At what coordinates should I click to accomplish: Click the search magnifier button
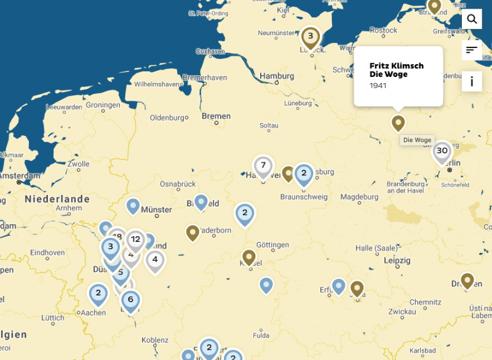pyautogui.click(x=472, y=19)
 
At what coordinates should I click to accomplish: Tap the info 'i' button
pyautogui.click(x=472, y=81)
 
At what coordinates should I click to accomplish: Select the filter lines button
pyautogui.click(x=472, y=50)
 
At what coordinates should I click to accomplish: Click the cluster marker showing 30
pyautogui.click(x=442, y=151)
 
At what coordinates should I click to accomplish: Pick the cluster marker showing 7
pyautogui.click(x=263, y=166)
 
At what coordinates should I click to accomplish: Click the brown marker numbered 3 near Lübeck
pyautogui.click(x=311, y=36)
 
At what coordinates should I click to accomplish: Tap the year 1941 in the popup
pyautogui.click(x=378, y=85)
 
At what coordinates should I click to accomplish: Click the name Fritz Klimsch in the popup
pyautogui.click(x=396, y=66)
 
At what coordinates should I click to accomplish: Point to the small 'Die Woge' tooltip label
pyautogui.click(x=417, y=140)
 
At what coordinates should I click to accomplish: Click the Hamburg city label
pyautogui.click(x=277, y=76)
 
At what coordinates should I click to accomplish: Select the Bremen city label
pyautogui.click(x=216, y=116)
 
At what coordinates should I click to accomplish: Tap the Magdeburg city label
pyautogui.click(x=360, y=197)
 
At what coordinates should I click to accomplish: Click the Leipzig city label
pyautogui.click(x=396, y=261)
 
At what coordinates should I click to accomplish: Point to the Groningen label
pyautogui.click(x=103, y=105)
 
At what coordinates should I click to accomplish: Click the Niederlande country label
pyautogui.click(x=57, y=199)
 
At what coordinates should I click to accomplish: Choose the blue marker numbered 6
pyautogui.click(x=130, y=300)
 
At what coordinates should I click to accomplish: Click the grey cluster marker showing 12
pyautogui.click(x=135, y=239)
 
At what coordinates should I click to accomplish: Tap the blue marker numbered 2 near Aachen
pyautogui.click(x=98, y=293)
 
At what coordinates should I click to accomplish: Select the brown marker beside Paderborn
pyautogui.click(x=192, y=232)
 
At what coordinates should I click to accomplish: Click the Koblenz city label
pyautogui.click(x=154, y=340)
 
